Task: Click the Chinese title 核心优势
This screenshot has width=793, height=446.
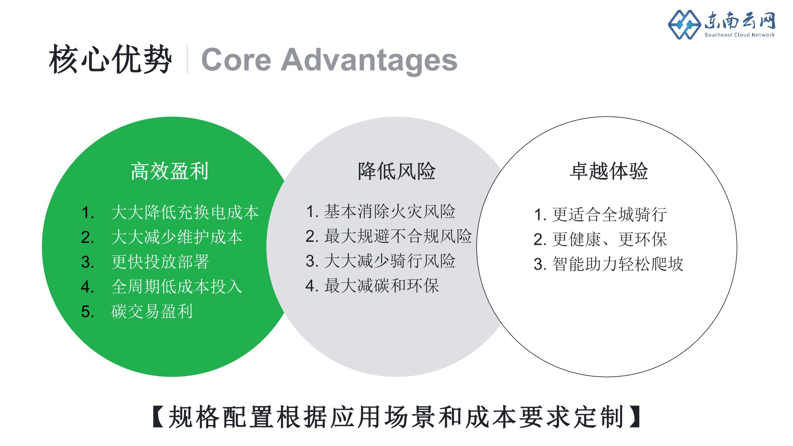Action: point(110,59)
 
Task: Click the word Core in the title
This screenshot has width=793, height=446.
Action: point(236,60)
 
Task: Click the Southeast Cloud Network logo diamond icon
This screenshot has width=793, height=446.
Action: point(684,25)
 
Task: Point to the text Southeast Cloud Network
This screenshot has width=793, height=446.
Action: point(739,35)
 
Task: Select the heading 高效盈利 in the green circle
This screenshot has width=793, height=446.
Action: point(170,171)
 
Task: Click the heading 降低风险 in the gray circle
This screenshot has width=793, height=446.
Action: point(396,171)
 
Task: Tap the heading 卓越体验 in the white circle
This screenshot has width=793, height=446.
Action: point(609,171)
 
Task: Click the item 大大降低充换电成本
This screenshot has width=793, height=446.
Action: point(185,212)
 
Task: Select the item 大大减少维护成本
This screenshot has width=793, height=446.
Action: point(176,237)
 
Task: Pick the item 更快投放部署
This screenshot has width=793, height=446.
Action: point(160,262)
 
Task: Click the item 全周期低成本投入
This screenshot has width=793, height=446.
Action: point(176,287)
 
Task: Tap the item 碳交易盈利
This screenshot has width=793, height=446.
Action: point(151,311)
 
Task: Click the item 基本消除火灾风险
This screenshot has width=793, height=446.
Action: point(390,212)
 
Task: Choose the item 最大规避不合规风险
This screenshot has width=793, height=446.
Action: point(398,236)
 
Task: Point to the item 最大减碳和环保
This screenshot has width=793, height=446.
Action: point(381,285)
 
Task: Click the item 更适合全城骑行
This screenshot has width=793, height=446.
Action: point(609,214)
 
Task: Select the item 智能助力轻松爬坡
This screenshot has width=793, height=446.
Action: point(618,264)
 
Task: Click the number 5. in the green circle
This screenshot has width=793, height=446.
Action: point(87,312)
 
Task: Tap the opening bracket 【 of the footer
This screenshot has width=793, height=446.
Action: point(158,417)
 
